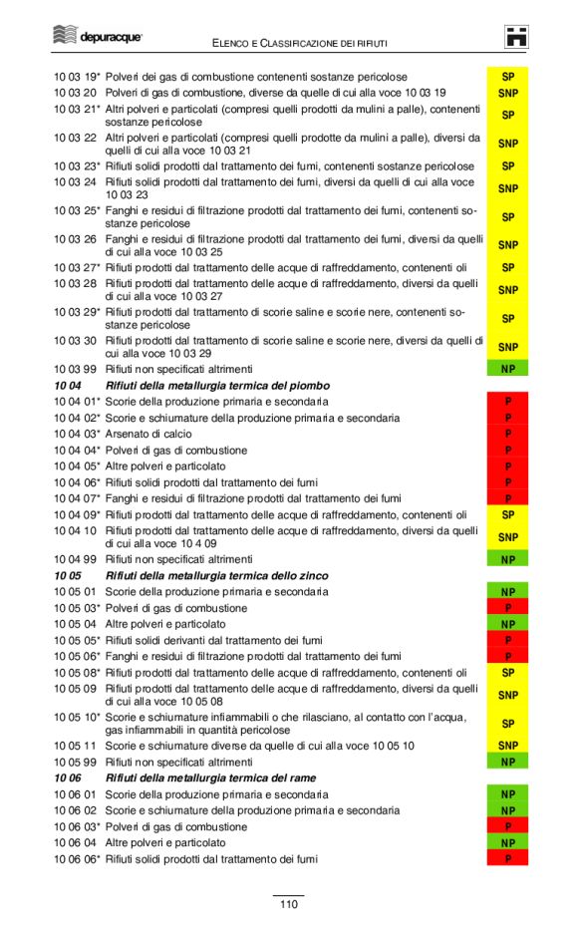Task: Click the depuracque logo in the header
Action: (x=98, y=37)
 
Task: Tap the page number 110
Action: (x=288, y=904)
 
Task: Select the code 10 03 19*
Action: (x=77, y=77)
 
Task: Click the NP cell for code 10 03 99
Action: (x=507, y=369)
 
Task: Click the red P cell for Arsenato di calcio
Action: (x=507, y=435)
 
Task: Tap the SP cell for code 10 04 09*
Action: (x=507, y=515)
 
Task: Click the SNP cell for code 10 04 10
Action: (x=507, y=537)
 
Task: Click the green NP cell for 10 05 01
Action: (x=507, y=592)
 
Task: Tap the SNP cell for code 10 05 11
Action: (x=507, y=746)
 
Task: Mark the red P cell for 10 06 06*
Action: (x=507, y=859)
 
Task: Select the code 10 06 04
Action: (x=75, y=842)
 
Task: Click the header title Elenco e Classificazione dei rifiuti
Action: (x=300, y=43)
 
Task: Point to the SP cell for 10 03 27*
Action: (x=507, y=267)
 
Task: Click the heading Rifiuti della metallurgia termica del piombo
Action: (x=217, y=385)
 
